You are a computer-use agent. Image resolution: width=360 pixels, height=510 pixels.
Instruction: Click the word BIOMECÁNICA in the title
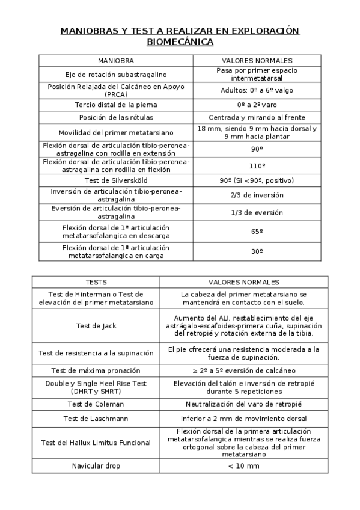(180, 42)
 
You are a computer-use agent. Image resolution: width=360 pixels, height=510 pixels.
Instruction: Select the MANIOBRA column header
(116, 61)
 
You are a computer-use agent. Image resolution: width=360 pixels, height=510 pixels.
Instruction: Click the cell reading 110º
(257, 165)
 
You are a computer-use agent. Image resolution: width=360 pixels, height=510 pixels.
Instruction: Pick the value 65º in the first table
(257, 230)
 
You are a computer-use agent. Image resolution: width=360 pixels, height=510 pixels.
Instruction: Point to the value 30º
(257, 251)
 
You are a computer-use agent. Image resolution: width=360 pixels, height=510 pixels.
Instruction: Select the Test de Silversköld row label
(116, 180)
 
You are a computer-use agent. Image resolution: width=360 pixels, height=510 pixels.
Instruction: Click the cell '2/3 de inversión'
(257, 195)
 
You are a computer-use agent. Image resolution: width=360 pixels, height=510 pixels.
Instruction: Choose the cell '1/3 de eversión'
(257, 212)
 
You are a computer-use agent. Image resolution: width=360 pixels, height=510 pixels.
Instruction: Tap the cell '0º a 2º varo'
(257, 104)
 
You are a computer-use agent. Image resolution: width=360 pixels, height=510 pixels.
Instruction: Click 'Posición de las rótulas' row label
(116, 117)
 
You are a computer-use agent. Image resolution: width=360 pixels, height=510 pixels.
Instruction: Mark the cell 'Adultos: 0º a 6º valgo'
(257, 90)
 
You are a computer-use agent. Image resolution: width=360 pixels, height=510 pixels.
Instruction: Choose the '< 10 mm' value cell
(243, 466)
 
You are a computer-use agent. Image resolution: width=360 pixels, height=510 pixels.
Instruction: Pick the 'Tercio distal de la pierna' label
(116, 104)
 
